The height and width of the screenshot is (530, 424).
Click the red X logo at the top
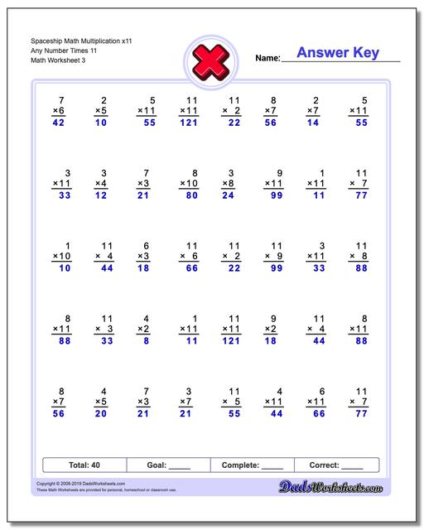click(x=211, y=60)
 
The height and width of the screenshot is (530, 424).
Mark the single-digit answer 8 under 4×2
click(x=147, y=341)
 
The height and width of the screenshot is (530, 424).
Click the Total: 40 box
click(x=84, y=465)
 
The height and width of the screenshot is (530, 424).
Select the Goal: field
click(x=168, y=465)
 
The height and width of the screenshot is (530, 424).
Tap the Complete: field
click(x=253, y=465)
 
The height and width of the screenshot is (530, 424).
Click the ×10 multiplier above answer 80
click(x=188, y=183)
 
